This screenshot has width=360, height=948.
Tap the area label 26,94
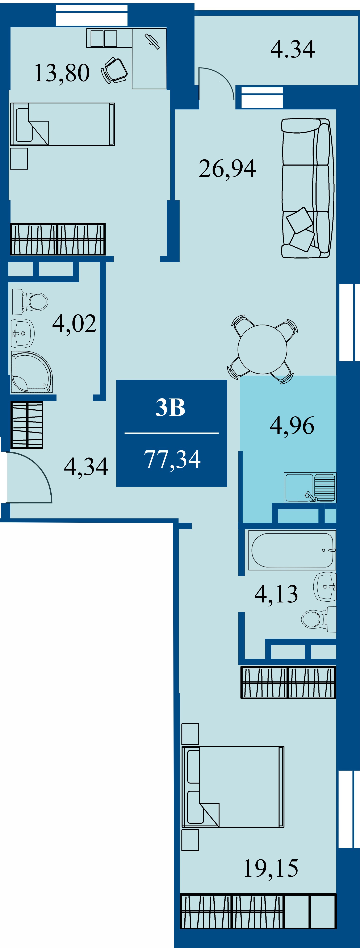coord(227,168)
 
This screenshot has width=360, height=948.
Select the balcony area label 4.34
coord(293,49)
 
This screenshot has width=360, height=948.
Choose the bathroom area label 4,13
coord(276,594)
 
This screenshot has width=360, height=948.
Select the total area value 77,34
coord(172,459)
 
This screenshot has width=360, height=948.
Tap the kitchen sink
coord(310,487)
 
